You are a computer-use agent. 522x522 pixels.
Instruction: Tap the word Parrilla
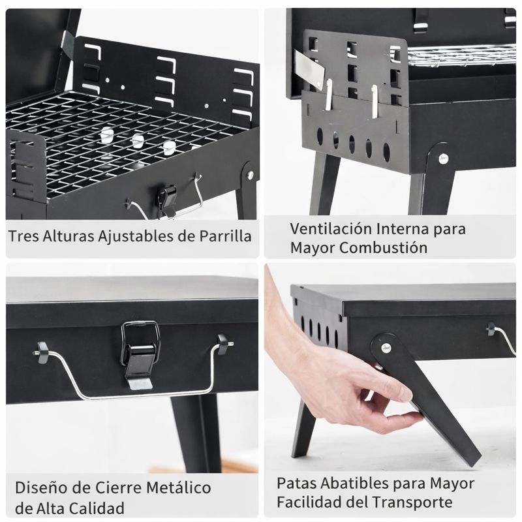point(225,236)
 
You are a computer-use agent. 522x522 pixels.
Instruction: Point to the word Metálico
point(179,487)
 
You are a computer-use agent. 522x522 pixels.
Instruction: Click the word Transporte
point(412,502)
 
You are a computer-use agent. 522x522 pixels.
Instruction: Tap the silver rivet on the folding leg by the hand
point(386,348)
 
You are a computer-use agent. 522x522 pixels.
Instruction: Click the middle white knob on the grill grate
point(138,141)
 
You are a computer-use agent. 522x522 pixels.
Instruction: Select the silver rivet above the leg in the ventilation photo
point(443,158)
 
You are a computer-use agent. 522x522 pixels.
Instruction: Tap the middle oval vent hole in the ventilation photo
point(352,144)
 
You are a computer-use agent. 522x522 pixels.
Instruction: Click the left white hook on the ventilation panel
point(328,94)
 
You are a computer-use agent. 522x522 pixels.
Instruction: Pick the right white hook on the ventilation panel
point(375,101)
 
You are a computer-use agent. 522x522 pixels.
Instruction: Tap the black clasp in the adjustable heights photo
point(168,200)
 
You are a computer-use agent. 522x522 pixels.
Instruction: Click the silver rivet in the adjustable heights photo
point(251,174)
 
